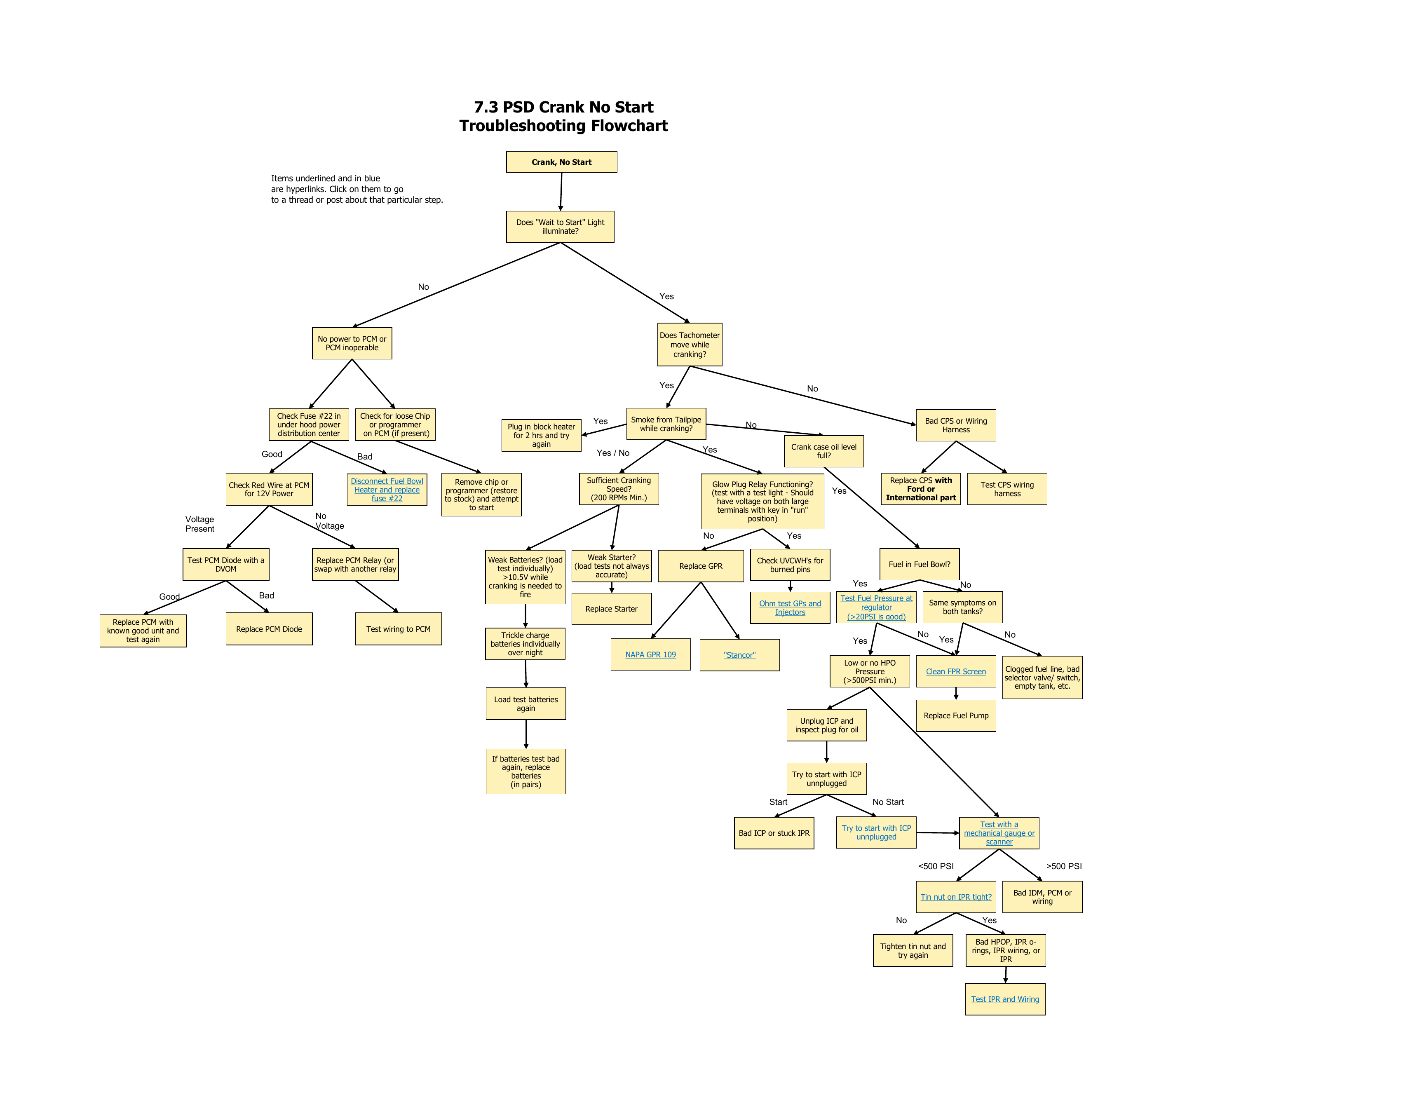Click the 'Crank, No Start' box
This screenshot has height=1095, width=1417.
pyautogui.click(x=561, y=162)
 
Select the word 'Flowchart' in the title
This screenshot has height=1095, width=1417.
pyautogui.click(x=628, y=126)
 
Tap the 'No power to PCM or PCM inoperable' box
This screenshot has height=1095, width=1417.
pyautogui.click(x=352, y=343)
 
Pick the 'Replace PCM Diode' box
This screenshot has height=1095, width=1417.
pyautogui.click(x=269, y=628)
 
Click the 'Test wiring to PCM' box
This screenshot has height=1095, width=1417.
pyautogui.click(x=399, y=628)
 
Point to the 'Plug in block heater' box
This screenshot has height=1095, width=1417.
pyautogui.click(x=541, y=435)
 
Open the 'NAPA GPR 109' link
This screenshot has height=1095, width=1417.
pyautogui.click(x=650, y=654)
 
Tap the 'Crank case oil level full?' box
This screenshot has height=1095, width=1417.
pyautogui.click(x=823, y=451)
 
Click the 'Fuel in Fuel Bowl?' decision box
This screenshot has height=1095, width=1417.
pyautogui.click(x=920, y=564)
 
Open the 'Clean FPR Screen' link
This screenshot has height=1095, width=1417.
pyautogui.click(x=956, y=671)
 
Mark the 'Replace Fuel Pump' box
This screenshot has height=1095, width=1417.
pyautogui.click(x=956, y=715)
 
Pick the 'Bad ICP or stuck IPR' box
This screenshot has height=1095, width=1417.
pyautogui.click(x=774, y=833)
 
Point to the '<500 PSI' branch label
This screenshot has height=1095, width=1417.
pyautogui.click(x=936, y=866)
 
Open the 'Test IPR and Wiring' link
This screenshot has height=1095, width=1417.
pyautogui.click(x=1005, y=999)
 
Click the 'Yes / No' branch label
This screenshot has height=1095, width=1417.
pyautogui.click(x=612, y=453)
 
